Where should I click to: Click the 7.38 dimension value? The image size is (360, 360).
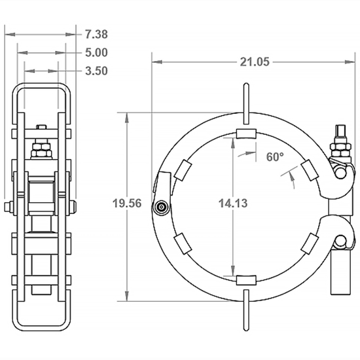(96, 33)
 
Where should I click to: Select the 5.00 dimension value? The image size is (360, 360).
(96, 52)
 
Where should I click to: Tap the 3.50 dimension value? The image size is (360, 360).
(96, 71)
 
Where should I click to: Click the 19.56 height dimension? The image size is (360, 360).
(126, 204)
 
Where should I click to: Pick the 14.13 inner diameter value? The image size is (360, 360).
(232, 204)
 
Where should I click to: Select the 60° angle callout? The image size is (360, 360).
(276, 157)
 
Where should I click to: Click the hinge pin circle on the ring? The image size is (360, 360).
(161, 207)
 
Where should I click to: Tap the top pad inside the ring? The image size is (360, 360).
(245, 134)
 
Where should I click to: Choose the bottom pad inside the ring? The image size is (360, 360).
(245, 280)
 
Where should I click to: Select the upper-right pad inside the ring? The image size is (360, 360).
(309, 170)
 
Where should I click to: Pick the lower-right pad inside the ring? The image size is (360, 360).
(309, 243)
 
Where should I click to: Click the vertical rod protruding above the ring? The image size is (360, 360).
(245, 101)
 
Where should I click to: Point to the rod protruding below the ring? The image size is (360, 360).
(245, 312)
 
